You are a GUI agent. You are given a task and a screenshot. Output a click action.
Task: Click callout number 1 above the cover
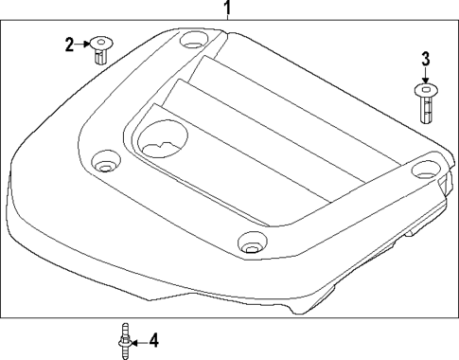point(227,10)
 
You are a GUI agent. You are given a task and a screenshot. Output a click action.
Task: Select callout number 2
point(69,43)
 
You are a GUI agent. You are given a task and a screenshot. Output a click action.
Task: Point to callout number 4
point(154,339)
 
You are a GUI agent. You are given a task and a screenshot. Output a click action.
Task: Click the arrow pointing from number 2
point(82,43)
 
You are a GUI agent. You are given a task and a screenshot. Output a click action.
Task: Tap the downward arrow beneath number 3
point(425,79)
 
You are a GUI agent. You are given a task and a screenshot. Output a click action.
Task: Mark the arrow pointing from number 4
point(138,339)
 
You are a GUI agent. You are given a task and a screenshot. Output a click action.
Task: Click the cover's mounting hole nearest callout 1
point(193,42)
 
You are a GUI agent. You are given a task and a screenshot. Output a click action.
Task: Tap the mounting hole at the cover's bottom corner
point(250,243)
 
